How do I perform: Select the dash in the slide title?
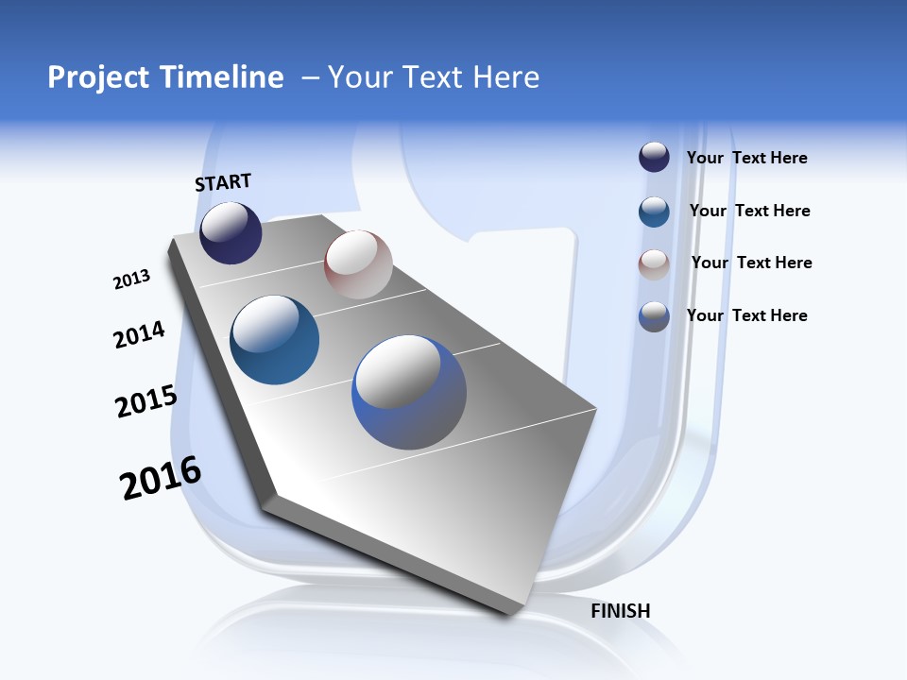[310, 77]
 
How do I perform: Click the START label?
[223, 182]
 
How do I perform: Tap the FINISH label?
[621, 611]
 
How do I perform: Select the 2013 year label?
[131, 280]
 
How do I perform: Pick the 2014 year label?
[139, 335]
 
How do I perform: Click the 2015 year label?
[145, 401]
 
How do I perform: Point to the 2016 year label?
[160, 478]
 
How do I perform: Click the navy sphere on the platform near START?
[231, 232]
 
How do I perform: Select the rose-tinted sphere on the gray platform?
[358, 264]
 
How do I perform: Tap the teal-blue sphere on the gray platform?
[274, 340]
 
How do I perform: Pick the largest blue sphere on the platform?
[409, 392]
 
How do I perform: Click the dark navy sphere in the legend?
[654, 158]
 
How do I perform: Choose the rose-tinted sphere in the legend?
[654, 264]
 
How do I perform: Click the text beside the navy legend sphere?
[746, 158]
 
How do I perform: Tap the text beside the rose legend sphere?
[751, 263]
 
